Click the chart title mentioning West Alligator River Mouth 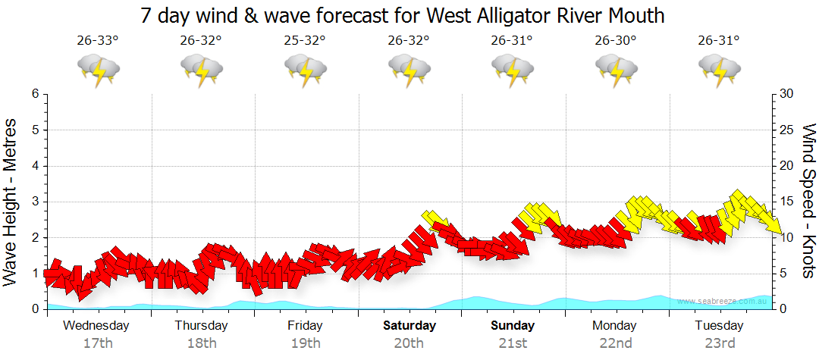(x=403, y=14)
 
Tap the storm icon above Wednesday (x=99, y=70)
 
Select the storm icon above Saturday (x=409, y=70)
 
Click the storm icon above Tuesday (x=720, y=70)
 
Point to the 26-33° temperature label (x=98, y=40)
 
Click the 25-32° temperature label (x=305, y=40)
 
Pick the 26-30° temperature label (x=615, y=40)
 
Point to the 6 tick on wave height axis (x=34, y=94)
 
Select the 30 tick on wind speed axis (x=786, y=94)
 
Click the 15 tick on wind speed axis (x=786, y=202)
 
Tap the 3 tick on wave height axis (x=34, y=202)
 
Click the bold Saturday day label (x=409, y=326)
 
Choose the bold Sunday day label (x=513, y=326)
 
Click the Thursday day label (x=201, y=326)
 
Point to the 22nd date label (x=615, y=343)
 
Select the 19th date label (x=305, y=343)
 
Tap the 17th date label (x=98, y=343)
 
